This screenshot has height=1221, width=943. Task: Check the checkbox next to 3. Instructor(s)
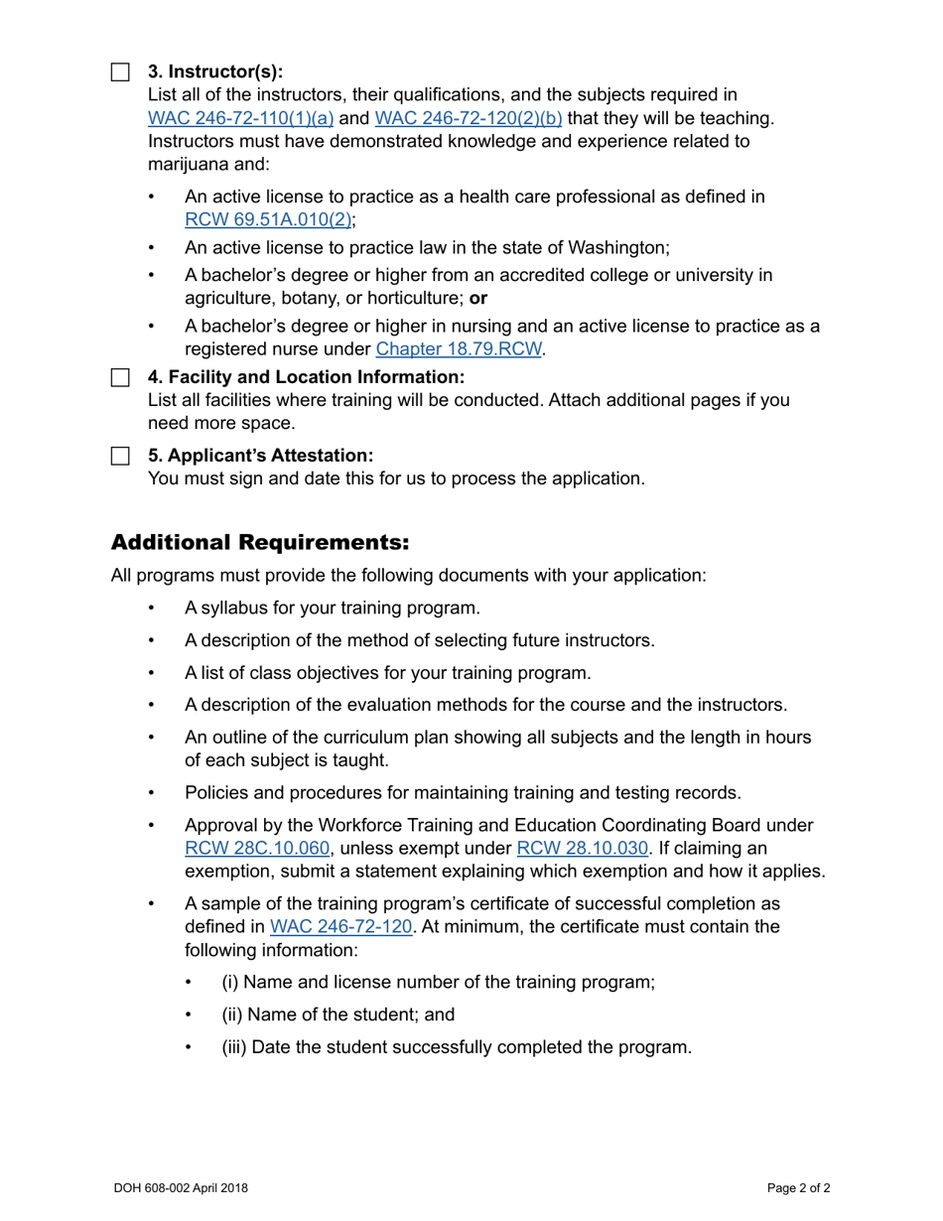pyautogui.click(x=120, y=72)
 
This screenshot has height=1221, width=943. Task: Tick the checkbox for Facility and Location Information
pyautogui.click(x=120, y=378)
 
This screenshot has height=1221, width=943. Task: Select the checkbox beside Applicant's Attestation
pyautogui.click(x=120, y=456)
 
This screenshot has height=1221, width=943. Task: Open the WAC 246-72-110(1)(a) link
pyautogui.click(x=241, y=119)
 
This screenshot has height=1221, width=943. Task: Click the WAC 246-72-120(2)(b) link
pyautogui.click(x=469, y=119)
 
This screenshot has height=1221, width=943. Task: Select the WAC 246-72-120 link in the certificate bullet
pyautogui.click(x=340, y=927)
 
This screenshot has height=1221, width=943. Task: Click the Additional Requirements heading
pyautogui.click(x=259, y=543)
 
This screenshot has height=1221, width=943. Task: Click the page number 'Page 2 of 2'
pyautogui.click(x=799, y=1187)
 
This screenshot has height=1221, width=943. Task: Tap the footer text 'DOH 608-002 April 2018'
pyautogui.click(x=181, y=1187)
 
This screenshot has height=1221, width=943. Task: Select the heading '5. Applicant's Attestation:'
pyautogui.click(x=260, y=456)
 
